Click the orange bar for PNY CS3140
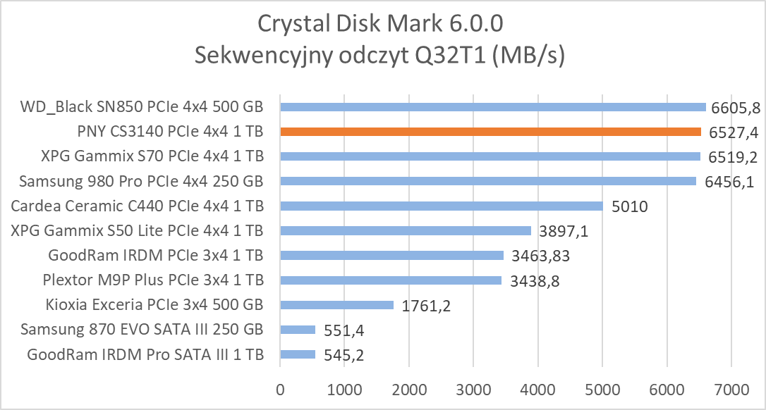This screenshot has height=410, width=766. pos(490,132)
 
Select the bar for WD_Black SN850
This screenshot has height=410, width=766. pos(493,107)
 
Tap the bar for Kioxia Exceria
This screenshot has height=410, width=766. pos(336,305)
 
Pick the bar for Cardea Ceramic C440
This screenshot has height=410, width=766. pos(442,206)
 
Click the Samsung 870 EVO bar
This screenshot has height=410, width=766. pos(298,330)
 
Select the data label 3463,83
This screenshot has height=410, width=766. pos(540,256)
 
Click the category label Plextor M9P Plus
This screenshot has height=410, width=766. pos(153,280)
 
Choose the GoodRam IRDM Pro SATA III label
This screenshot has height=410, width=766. pos(145,354)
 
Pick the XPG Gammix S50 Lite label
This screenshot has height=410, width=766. pos(138,230)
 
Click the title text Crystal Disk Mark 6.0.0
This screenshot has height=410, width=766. pos(380,24)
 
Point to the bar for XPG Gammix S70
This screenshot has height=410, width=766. pos(490,156)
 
